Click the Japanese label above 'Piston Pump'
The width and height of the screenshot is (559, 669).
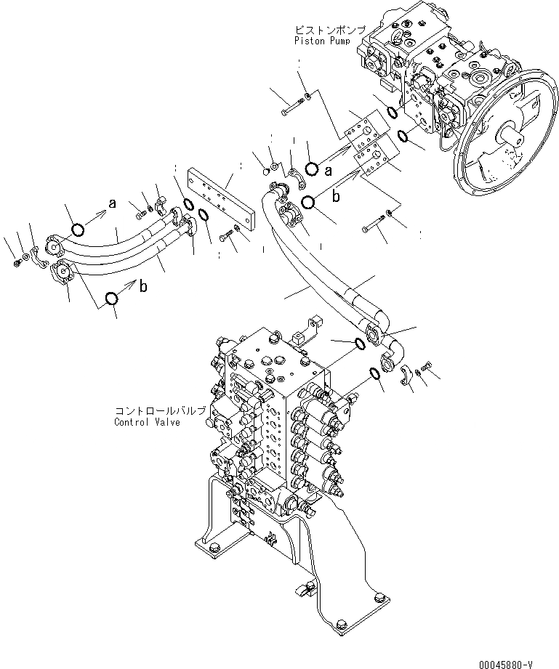click(327, 30)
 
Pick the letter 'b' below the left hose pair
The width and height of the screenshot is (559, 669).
click(143, 287)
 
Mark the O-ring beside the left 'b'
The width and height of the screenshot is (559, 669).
click(111, 299)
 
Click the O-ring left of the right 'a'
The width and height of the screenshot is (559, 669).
click(311, 169)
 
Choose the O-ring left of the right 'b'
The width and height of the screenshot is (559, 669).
click(308, 203)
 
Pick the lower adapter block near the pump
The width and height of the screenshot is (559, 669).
click(375, 161)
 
